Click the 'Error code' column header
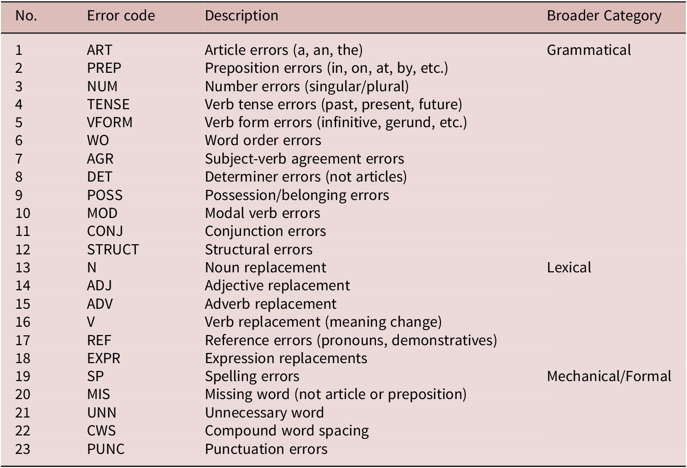click(x=121, y=16)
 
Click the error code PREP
click(x=104, y=68)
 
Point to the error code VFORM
click(x=110, y=122)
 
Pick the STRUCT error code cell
click(x=113, y=249)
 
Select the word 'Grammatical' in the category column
click(x=589, y=50)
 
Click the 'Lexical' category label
click(x=569, y=267)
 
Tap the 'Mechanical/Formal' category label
click(x=609, y=376)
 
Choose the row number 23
click(x=23, y=449)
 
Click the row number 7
click(x=19, y=159)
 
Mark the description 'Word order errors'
click(x=263, y=140)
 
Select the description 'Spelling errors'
click(x=252, y=377)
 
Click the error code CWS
click(x=101, y=431)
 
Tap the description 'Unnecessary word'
click(x=264, y=413)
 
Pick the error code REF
click(x=99, y=340)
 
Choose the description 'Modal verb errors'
click(x=262, y=213)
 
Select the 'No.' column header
click(x=26, y=16)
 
